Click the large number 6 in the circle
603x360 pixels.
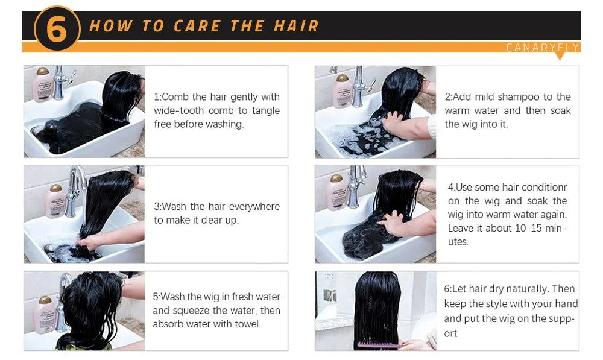[57, 29]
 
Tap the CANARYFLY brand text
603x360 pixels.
[542, 48]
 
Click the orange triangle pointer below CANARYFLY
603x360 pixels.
[559, 57]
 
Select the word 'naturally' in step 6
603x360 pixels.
[527, 289]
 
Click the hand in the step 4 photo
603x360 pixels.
[393, 223]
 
